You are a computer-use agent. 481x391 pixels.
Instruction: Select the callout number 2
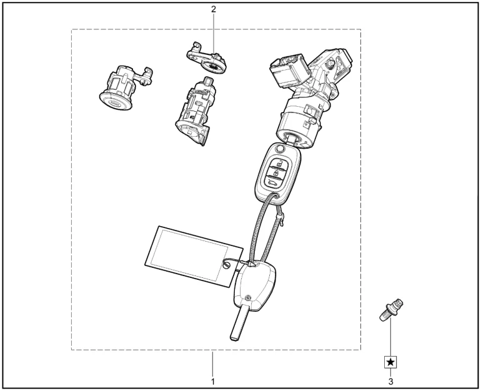pyautogui.click(x=213, y=9)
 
